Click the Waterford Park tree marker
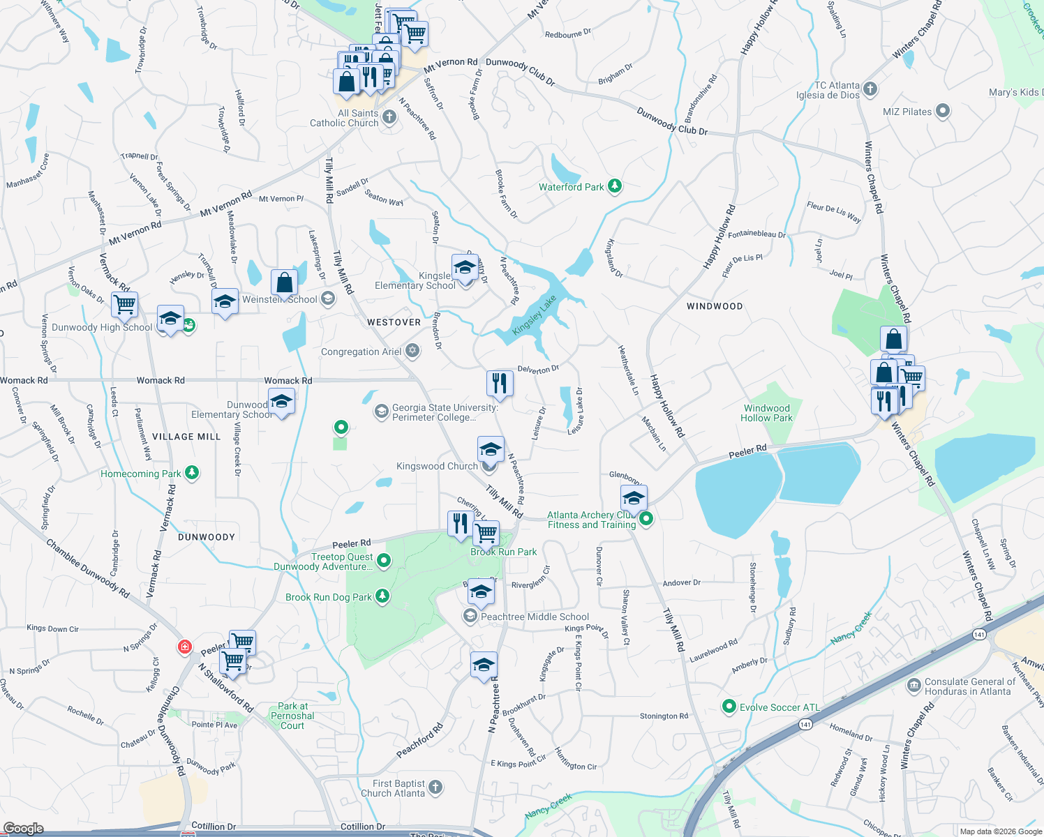pos(614,186)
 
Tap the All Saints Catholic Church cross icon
pos(389,117)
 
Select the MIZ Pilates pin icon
pos(943,111)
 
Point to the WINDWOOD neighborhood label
pos(714,306)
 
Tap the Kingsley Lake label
pos(535,315)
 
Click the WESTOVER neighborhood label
pos(394,322)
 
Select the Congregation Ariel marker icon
pos(412,351)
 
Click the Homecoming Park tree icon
pos(192,473)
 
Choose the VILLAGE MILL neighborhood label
pos(186,437)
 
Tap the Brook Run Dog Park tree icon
pos(382,596)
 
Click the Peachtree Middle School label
pos(535,617)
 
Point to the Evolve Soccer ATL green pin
pos(729,707)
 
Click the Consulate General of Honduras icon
pos(913,686)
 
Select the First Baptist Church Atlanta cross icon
pos(435,787)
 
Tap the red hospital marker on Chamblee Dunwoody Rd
pos(184,647)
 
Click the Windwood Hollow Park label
pos(766,413)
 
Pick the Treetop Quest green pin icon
pos(383,560)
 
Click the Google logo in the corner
pos(23,828)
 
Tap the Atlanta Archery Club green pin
pos(646,518)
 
